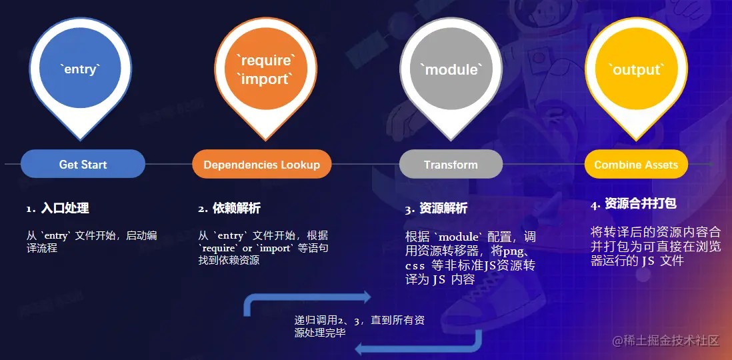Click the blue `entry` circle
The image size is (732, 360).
click(x=80, y=69)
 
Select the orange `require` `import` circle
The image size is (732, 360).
click(x=265, y=69)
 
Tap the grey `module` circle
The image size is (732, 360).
click(x=451, y=69)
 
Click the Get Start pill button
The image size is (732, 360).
click(x=83, y=164)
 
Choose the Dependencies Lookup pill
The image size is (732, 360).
click(x=261, y=164)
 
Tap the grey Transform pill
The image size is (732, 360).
click(x=451, y=164)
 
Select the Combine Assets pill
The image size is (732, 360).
click(x=635, y=164)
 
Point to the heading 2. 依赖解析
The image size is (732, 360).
click(x=229, y=209)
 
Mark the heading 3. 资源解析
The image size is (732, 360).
click(x=436, y=209)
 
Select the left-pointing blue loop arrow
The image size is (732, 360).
click(x=417, y=345)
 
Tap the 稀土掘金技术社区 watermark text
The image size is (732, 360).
click(x=666, y=341)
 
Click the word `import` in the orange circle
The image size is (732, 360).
click(x=265, y=79)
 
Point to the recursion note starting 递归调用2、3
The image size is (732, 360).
click(x=359, y=326)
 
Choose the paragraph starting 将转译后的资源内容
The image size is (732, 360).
click(x=656, y=246)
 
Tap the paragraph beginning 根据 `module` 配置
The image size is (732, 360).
click(x=470, y=258)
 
